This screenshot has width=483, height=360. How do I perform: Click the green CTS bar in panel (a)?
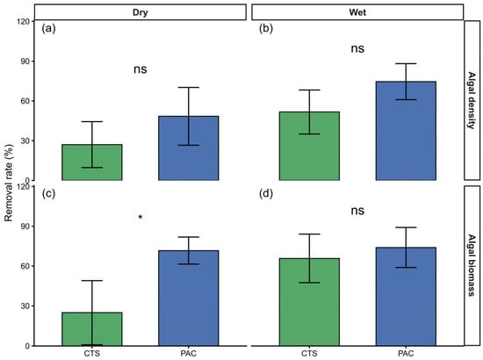click(x=92, y=162)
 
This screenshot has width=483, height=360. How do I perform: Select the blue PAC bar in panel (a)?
click(x=189, y=148)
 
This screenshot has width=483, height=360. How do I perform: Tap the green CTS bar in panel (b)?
click(x=309, y=146)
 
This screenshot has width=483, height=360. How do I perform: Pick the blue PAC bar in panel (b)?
click(x=406, y=131)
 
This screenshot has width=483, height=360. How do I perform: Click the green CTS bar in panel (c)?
click(x=92, y=329)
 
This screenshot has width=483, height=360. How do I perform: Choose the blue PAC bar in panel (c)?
click(x=189, y=299)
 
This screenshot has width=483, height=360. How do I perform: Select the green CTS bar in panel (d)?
click(x=309, y=302)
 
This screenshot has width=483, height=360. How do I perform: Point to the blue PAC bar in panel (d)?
click(x=406, y=297)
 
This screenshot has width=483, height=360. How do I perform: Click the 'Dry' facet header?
click(x=141, y=12)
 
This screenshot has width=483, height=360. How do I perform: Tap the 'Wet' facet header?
click(x=357, y=12)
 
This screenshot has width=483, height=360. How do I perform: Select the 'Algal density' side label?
click(x=472, y=100)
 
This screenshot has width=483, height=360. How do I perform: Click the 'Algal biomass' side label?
click(x=472, y=265)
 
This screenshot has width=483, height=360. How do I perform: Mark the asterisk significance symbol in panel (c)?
click(x=141, y=217)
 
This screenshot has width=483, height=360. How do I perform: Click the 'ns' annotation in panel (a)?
click(x=141, y=69)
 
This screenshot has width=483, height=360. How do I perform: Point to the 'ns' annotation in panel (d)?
click(x=357, y=211)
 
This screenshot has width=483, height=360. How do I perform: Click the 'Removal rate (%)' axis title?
click(x=9, y=183)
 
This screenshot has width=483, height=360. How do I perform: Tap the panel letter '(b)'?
click(x=266, y=29)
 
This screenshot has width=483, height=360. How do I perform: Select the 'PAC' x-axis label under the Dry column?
click(x=189, y=354)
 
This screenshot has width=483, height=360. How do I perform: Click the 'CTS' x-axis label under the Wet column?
click(x=309, y=354)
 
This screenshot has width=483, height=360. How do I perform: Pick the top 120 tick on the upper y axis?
click(x=25, y=22)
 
